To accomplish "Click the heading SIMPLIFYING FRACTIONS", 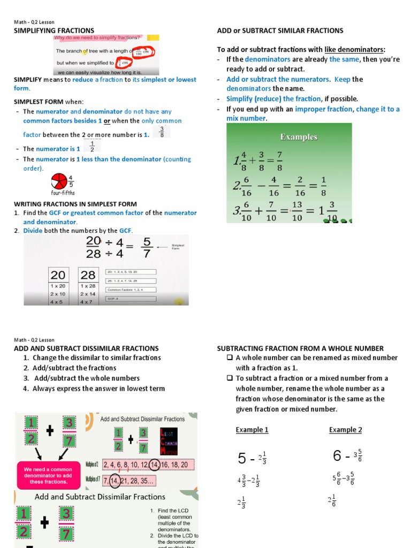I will click(54, 31).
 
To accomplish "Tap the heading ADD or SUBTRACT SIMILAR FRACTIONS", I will click(280, 31).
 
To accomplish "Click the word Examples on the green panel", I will click(299, 137).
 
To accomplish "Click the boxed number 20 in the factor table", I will click(58, 275).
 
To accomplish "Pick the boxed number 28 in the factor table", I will click(88, 275).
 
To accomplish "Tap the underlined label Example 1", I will click(252, 430).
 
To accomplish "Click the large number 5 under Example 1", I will click(242, 459).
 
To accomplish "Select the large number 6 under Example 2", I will click(337, 456).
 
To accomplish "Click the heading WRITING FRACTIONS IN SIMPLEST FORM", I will click(75, 204).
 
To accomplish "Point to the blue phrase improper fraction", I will click(324, 109).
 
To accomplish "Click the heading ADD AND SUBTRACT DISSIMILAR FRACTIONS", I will click(86, 348).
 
